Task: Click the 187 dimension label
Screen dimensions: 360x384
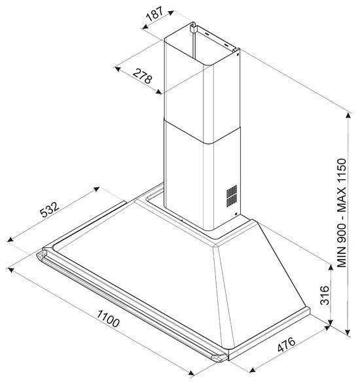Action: (154, 14)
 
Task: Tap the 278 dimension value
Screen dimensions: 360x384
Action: (143, 76)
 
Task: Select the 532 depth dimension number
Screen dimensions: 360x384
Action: (50, 209)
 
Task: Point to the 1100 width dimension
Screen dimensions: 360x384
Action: (108, 319)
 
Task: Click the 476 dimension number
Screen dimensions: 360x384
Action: (286, 345)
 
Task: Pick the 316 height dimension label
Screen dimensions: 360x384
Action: (325, 295)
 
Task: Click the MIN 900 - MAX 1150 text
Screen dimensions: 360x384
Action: (342, 213)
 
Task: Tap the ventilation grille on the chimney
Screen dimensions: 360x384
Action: (232, 196)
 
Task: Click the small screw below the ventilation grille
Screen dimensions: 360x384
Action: (236, 214)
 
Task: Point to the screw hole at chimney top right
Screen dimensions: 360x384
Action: (238, 54)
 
